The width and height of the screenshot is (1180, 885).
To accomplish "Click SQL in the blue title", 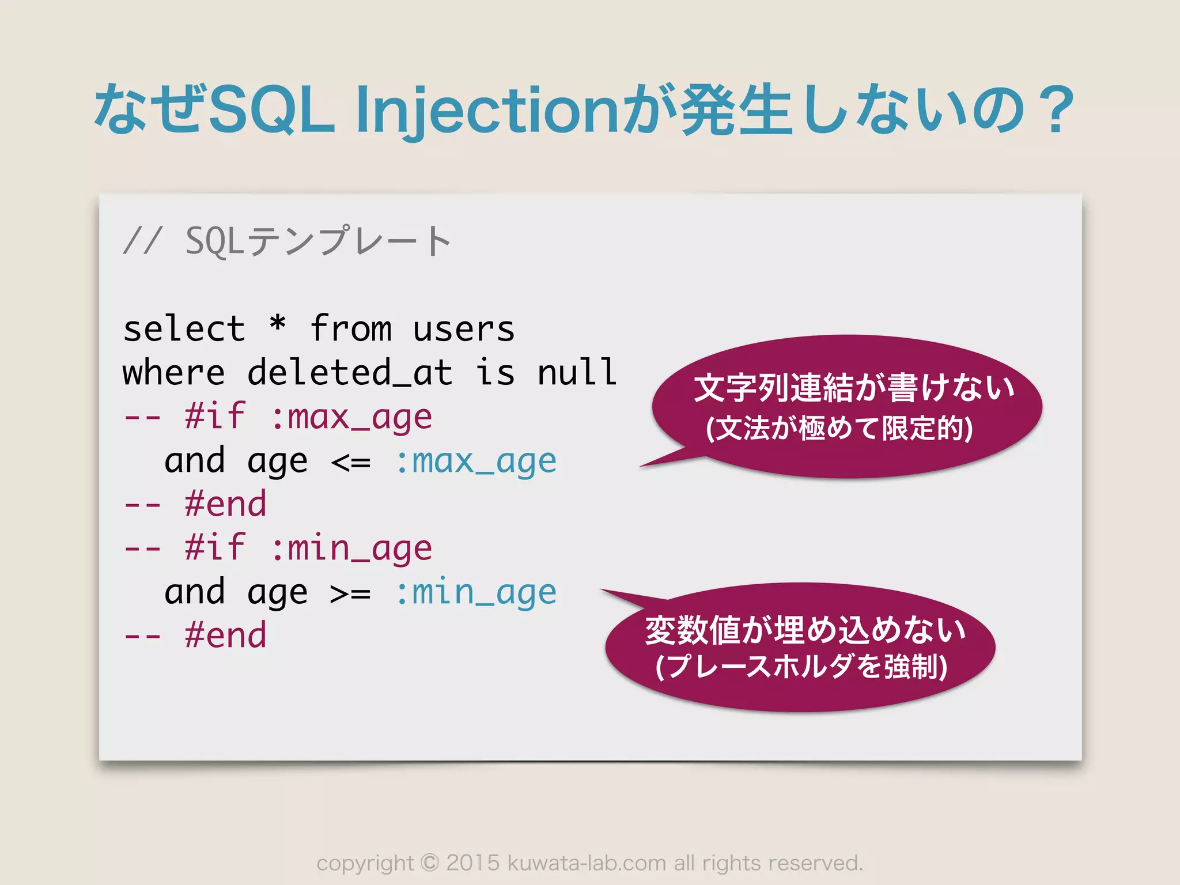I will (x=271, y=109).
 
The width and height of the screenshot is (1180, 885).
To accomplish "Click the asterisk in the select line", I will (x=278, y=326).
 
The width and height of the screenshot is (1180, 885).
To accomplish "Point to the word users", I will (x=463, y=330).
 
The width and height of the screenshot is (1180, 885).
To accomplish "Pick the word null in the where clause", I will (x=577, y=373).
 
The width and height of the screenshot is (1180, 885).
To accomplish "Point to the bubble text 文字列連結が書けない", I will (x=854, y=388).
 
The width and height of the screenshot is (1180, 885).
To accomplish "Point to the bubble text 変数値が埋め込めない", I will (x=805, y=630).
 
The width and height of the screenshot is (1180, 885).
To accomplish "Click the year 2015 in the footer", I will (x=472, y=863).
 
